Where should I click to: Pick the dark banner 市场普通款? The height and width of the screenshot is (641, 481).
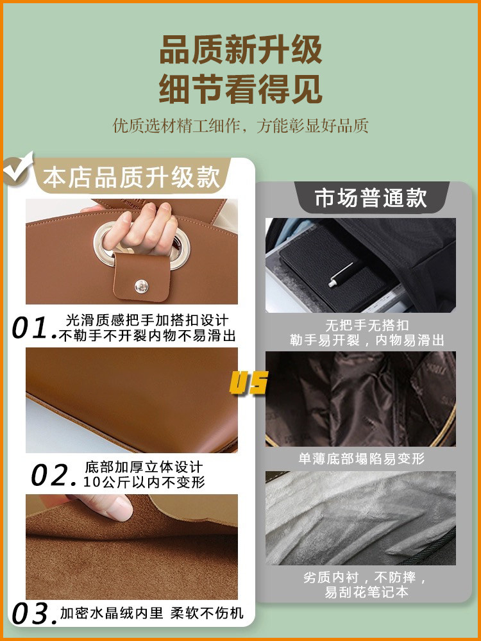(371, 198)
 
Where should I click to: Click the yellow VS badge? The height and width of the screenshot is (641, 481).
(248, 383)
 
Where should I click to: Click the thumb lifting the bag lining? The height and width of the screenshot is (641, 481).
(113, 509)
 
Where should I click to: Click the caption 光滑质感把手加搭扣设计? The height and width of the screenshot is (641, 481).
(147, 320)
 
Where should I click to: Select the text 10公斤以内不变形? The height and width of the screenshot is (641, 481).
(145, 482)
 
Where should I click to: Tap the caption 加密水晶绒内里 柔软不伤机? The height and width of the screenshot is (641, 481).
(152, 613)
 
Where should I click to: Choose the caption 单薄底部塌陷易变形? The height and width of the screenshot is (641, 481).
(361, 459)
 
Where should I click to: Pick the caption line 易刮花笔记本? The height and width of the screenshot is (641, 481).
(366, 592)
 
